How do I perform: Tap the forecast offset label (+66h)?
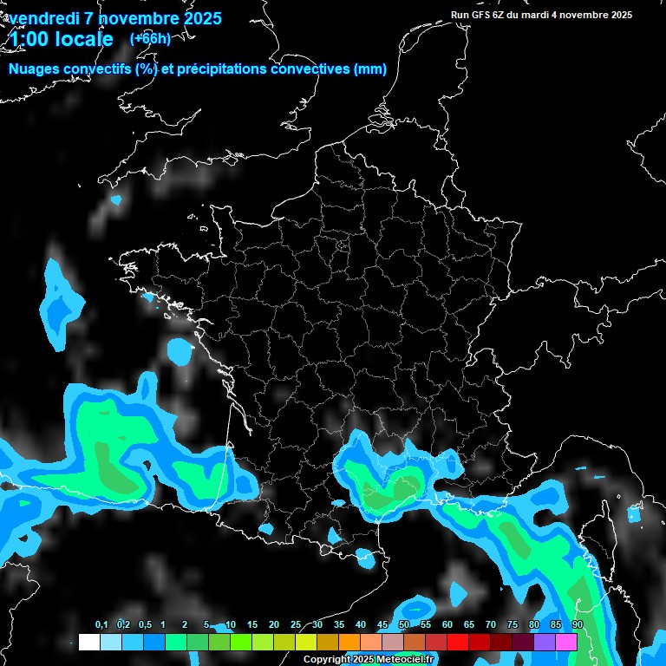150,38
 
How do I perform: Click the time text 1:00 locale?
60,39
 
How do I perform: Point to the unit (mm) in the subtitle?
370,69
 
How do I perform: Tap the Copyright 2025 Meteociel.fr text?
369,659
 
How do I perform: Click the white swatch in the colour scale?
88,642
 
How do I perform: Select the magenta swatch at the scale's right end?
566,642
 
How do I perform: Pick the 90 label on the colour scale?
577,624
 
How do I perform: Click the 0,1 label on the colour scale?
101,624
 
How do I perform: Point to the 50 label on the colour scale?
404,624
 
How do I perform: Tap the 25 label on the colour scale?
296,624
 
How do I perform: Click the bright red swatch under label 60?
458,642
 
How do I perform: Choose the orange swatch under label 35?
349,642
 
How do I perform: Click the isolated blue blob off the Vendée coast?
180,350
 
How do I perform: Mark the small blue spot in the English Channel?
116,200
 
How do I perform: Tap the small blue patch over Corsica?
634,513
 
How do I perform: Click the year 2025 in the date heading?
199,18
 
